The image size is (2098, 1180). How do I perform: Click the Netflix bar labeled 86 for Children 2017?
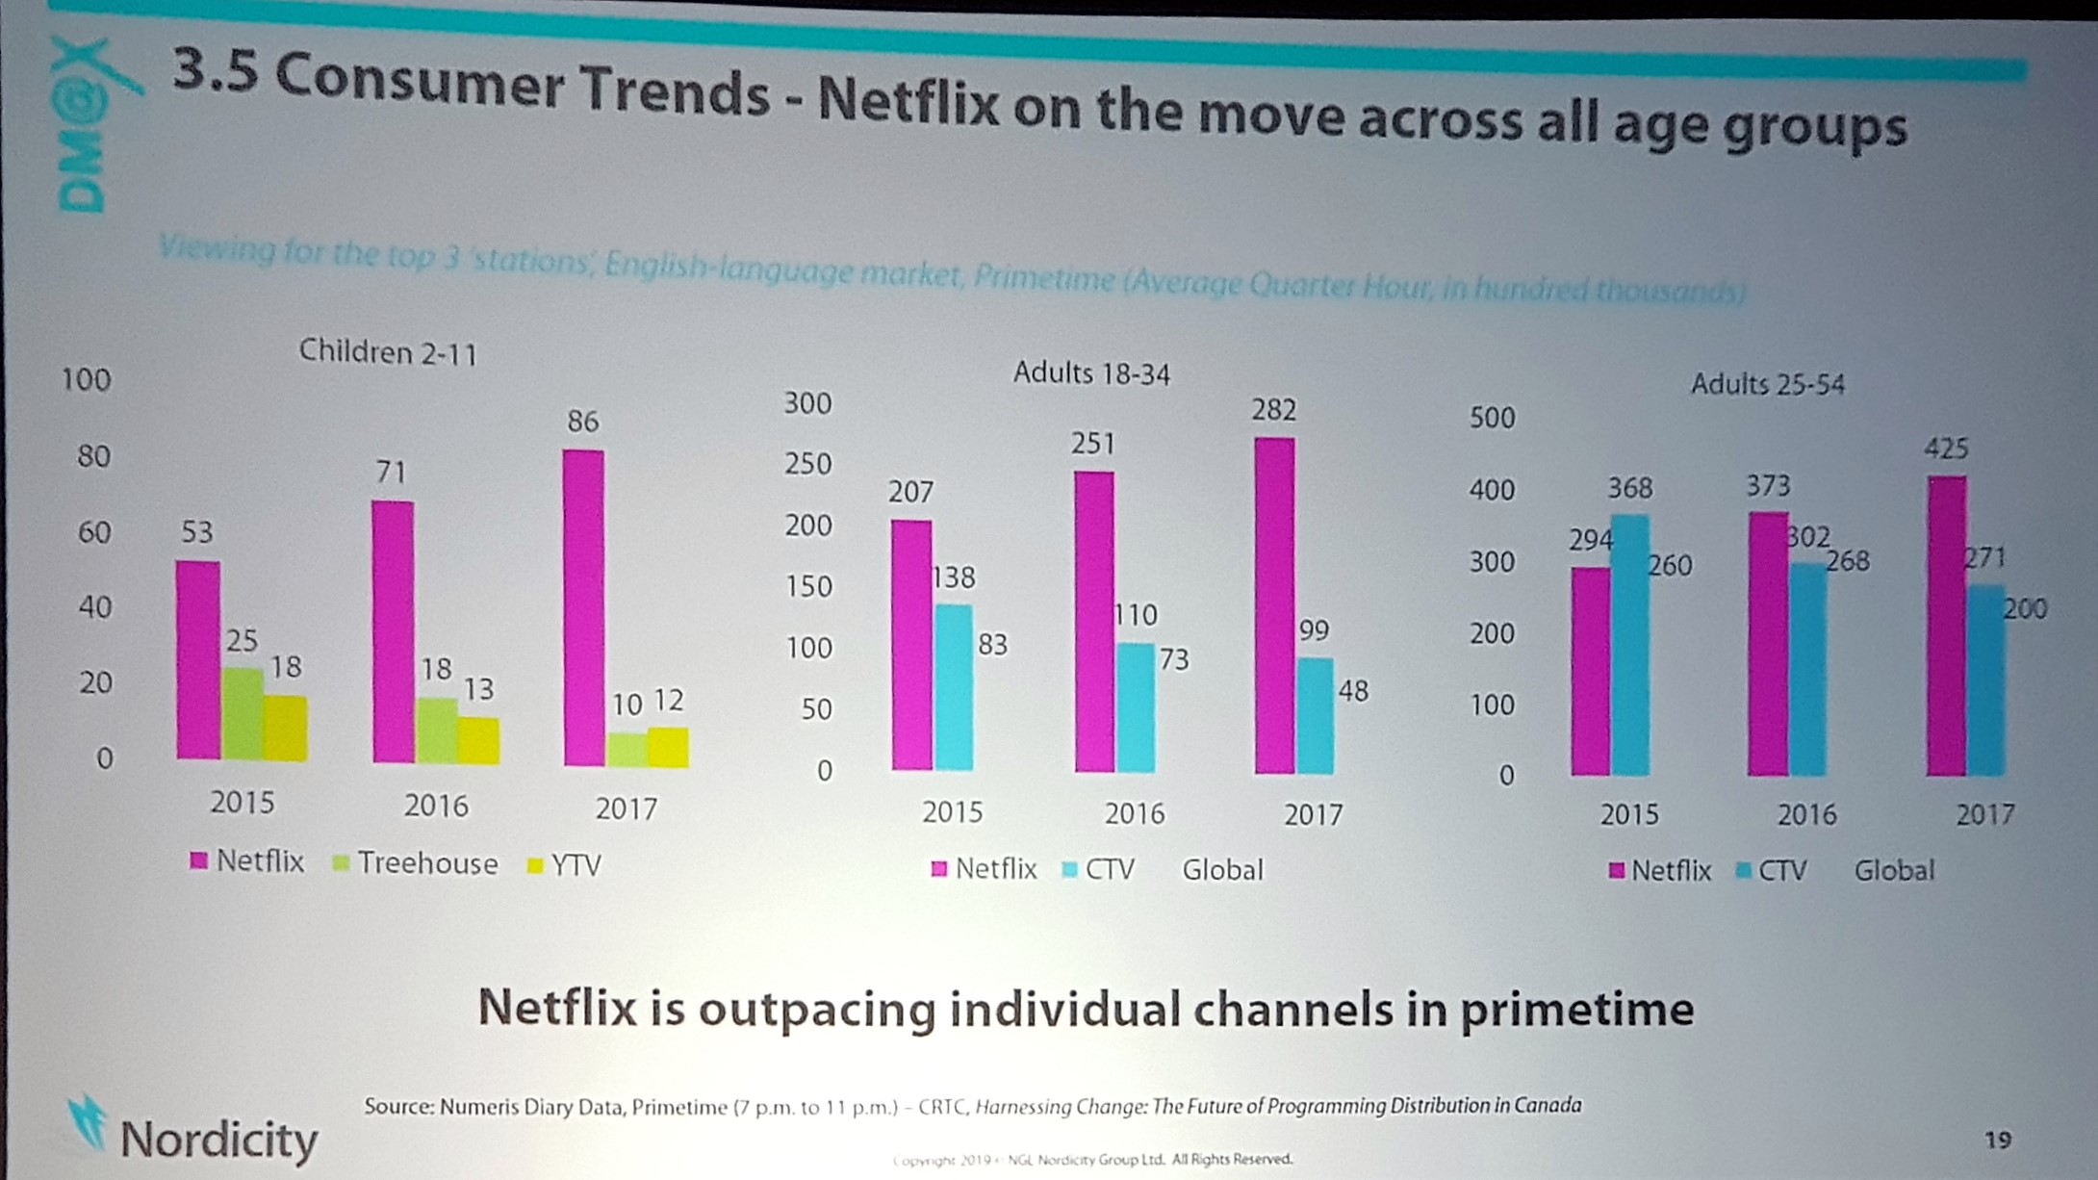[x=583, y=606]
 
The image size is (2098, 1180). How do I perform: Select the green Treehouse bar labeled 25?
[x=243, y=714]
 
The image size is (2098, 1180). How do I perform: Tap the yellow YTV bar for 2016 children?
[x=478, y=740]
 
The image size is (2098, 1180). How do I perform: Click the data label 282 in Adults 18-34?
[x=1273, y=411]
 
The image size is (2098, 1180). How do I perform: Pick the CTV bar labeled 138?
[x=954, y=687]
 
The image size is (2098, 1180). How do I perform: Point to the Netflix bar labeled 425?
[x=1946, y=626]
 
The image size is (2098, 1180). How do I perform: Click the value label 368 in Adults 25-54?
[x=1629, y=489]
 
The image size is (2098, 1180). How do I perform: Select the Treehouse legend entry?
[x=416, y=863]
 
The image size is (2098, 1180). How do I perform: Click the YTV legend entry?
[x=565, y=865]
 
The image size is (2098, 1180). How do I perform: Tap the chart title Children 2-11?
[x=388, y=352]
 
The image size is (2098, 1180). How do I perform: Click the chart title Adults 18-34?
[x=1091, y=373]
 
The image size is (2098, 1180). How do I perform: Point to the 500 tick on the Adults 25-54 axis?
[x=1492, y=418]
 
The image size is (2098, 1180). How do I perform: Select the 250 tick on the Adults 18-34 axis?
[x=807, y=464]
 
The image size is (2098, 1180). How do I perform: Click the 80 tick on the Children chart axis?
[x=93, y=455]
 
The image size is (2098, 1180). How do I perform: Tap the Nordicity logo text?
[x=218, y=1140]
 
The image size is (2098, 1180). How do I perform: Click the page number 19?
[x=1998, y=1140]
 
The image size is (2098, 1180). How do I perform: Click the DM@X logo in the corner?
[x=87, y=125]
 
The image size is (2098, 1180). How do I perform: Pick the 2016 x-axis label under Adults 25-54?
[x=1805, y=815]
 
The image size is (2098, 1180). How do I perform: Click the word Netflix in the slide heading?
[x=908, y=104]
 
